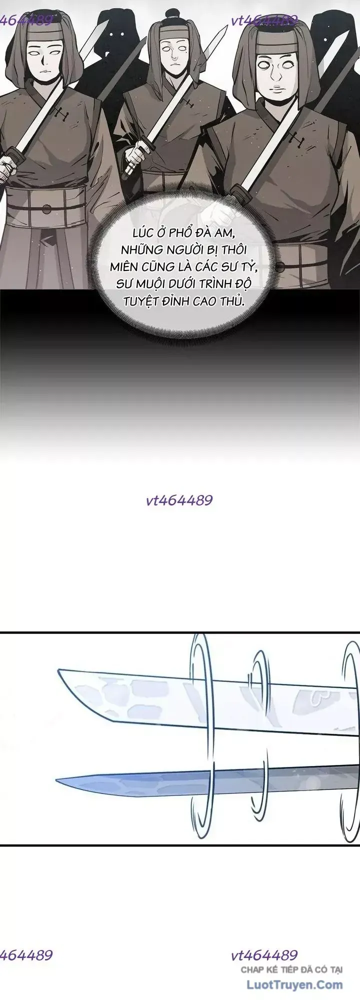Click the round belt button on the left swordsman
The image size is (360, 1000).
46,208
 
